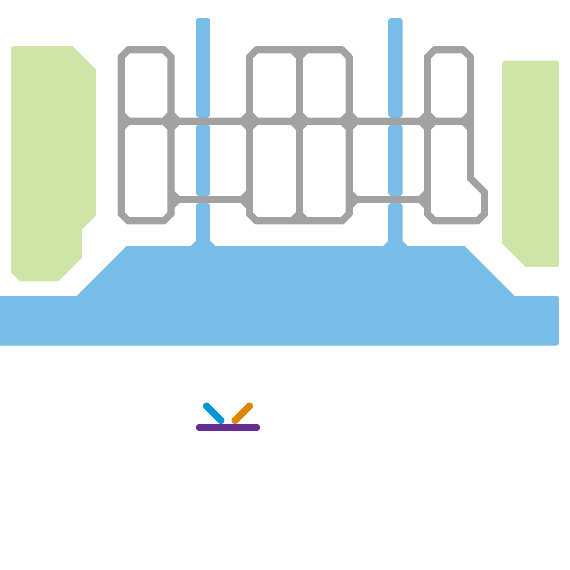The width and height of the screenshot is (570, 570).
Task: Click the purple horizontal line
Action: pos(228,427)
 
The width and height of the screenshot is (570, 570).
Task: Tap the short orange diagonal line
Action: pos(242,413)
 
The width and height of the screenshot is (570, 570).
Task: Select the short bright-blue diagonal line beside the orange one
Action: pos(214,413)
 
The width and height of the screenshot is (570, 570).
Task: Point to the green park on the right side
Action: pos(531,160)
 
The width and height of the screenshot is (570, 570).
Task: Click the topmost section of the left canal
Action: pos(203,68)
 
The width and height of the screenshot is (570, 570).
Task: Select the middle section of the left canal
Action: pos(203,160)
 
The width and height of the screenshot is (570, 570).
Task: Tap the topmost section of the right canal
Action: pos(395,68)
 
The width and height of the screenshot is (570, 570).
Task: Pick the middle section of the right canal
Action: pos(395,160)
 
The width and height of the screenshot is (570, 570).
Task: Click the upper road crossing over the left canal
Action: pos(203,121)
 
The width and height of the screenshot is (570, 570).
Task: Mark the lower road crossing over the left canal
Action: pos(203,199)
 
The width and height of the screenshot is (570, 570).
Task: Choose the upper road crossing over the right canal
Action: pos(395,121)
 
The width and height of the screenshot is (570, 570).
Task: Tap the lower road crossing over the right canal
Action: pos(395,199)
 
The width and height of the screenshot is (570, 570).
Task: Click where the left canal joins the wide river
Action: pos(203,244)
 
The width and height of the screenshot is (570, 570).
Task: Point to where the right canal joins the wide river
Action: pos(395,244)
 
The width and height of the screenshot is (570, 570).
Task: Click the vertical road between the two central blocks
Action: pos(299,167)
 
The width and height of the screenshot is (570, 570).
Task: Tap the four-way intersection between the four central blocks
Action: pos(299,121)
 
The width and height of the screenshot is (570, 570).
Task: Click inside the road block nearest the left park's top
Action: pos(146,85)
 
